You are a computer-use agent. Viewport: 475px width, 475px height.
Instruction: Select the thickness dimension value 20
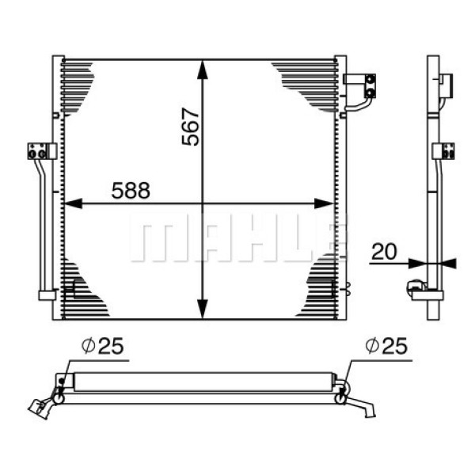click(x=383, y=252)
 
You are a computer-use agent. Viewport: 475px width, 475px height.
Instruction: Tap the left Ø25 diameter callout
click(x=103, y=346)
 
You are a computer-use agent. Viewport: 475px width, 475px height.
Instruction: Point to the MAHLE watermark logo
click(x=237, y=237)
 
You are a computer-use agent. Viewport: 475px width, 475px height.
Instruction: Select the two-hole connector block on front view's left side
click(x=39, y=150)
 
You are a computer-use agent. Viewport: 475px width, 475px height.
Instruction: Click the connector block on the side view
click(x=444, y=150)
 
